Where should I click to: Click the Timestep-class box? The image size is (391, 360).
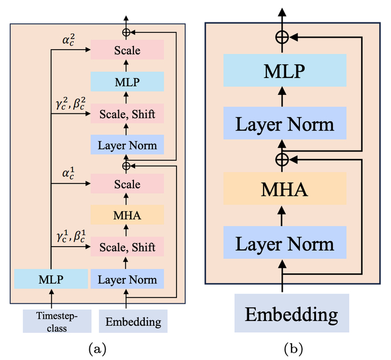[51, 321]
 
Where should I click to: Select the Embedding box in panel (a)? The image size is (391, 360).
[133, 321]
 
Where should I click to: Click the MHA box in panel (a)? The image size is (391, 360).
[127, 214]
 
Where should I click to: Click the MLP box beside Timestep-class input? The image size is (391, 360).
[51, 279]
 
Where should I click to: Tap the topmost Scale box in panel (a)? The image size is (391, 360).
[127, 51]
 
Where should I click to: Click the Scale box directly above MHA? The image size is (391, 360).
[127, 184]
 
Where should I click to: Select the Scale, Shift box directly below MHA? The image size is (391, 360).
[127, 246]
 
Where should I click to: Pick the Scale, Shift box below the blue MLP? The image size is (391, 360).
[127, 114]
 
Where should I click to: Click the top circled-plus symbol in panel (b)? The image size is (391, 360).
[283, 37]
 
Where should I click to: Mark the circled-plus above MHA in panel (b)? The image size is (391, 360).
[283, 159]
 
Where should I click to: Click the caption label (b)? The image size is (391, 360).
[293, 349]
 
